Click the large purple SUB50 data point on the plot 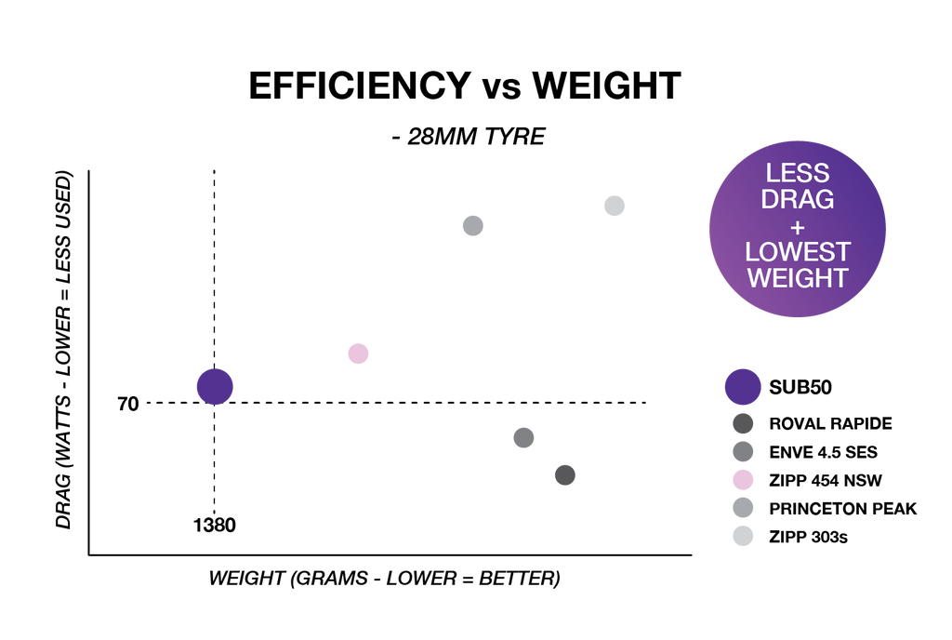pyautogui.click(x=215, y=387)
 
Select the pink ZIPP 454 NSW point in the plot pyautogui.click(x=358, y=353)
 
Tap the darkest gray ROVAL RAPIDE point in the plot pyautogui.click(x=564, y=474)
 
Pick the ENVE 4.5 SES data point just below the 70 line pyautogui.click(x=523, y=437)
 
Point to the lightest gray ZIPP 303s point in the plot pyautogui.click(x=615, y=206)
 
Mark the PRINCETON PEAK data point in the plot pyautogui.click(x=473, y=226)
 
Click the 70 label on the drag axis pyautogui.click(x=128, y=404)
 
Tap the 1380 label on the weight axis pyautogui.click(x=215, y=525)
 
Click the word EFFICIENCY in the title pyautogui.click(x=360, y=85)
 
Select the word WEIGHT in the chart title pyautogui.click(x=606, y=85)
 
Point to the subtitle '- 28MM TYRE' pyautogui.click(x=469, y=137)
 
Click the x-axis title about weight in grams pyautogui.click(x=384, y=578)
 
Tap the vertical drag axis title pyautogui.click(x=64, y=350)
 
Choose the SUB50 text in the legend pyautogui.click(x=800, y=387)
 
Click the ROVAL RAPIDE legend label pyautogui.click(x=830, y=424)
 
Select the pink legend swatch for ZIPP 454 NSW pyautogui.click(x=743, y=480)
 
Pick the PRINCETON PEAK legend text pyautogui.click(x=842, y=509)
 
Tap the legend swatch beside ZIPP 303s pyautogui.click(x=743, y=536)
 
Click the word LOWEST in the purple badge pyautogui.click(x=798, y=252)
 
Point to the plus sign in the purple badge pyautogui.click(x=798, y=228)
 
